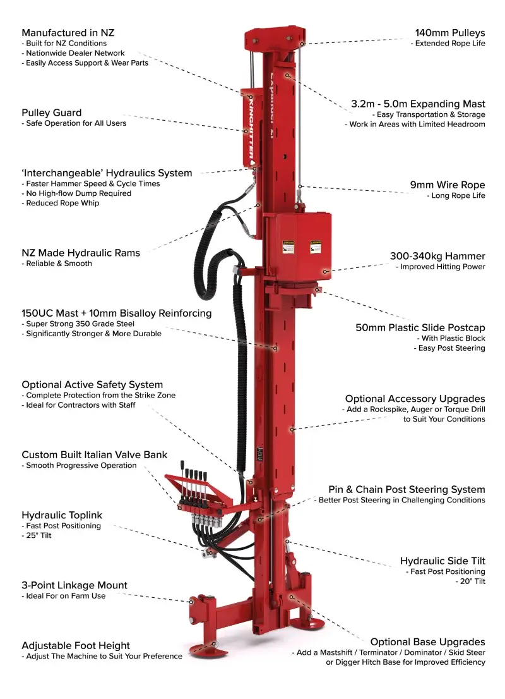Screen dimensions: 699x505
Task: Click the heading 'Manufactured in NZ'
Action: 68,32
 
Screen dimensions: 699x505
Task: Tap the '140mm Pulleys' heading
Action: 449,32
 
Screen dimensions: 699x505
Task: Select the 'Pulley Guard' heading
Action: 52,112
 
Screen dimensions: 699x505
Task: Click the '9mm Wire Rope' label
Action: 448,185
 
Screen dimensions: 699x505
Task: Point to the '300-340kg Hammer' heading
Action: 437,256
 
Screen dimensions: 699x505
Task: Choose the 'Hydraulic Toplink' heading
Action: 62,515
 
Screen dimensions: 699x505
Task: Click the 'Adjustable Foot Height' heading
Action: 76,645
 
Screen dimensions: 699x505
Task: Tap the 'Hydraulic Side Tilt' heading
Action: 443,561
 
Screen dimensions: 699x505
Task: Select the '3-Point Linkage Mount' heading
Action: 74,585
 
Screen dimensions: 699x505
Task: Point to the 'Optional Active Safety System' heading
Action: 92,384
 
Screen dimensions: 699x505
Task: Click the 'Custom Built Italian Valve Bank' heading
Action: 95,454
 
